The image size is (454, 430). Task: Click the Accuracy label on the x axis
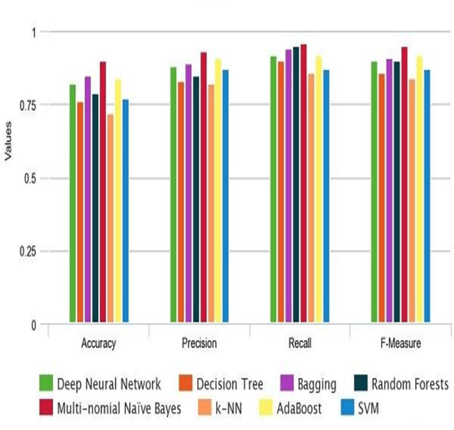pyautogui.click(x=99, y=344)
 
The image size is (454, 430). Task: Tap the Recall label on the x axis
pyautogui.click(x=299, y=344)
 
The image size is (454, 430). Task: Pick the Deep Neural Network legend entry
pyautogui.click(x=100, y=385)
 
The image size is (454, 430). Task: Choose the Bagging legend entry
pyautogui.click(x=309, y=385)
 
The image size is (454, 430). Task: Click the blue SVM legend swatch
pyautogui.click(x=346, y=408)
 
